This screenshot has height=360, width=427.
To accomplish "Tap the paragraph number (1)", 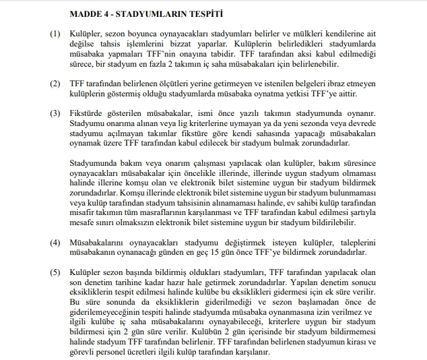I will point(55,34).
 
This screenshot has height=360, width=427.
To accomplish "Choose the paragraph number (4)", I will point(55,241).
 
